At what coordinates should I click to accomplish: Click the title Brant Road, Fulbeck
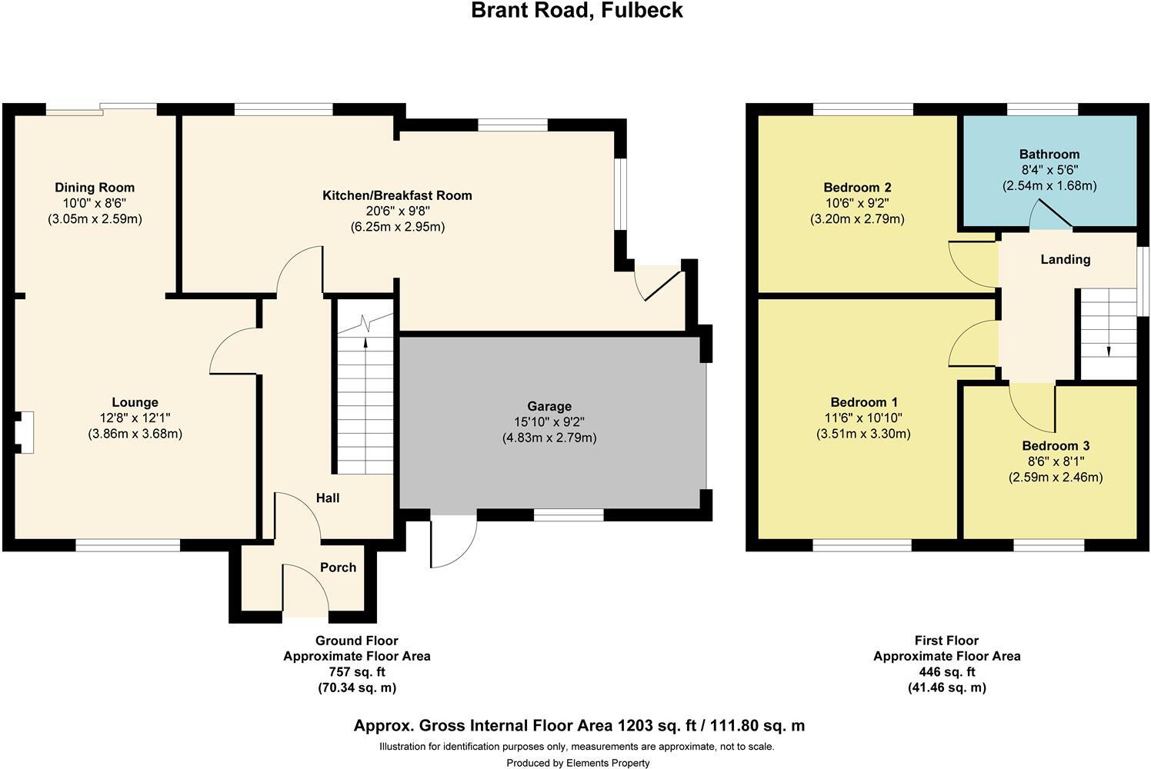(x=577, y=11)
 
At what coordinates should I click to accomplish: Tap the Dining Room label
(x=95, y=188)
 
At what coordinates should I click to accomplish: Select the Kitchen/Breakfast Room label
(x=397, y=195)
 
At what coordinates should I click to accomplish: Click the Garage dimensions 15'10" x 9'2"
(x=549, y=422)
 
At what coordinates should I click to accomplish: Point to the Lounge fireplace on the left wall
(x=25, y=432)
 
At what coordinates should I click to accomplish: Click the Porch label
(x=338, y=568)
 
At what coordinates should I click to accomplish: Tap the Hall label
(x=328, y=498)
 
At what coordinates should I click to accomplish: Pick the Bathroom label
(x=1049, y=154)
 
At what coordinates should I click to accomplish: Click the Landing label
(x=1065, y=260)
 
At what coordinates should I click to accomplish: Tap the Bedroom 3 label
(x=1056, y=446)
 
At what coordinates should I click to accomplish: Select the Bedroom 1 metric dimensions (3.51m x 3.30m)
(x=863, y=434)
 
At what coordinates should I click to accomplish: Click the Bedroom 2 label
(x=857, y=188)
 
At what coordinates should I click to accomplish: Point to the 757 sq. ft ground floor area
(x=357, y=672)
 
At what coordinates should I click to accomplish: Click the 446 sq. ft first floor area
(x=946, y=672)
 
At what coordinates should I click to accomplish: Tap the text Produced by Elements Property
(x=578, y=763)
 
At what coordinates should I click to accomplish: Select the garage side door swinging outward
(x=452, y=542)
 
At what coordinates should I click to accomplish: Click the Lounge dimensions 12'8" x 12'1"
(x=135, y=418)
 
